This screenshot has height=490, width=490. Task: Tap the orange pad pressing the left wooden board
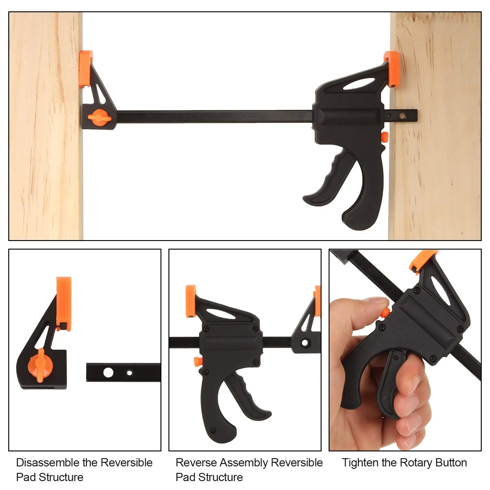click(85, 69)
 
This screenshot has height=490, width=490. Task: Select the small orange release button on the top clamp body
click(384, 136)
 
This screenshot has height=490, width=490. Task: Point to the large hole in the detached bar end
click(108, 372)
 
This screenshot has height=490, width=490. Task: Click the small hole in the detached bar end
click(130, 373)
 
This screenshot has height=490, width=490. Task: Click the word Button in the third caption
click(449, 462)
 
